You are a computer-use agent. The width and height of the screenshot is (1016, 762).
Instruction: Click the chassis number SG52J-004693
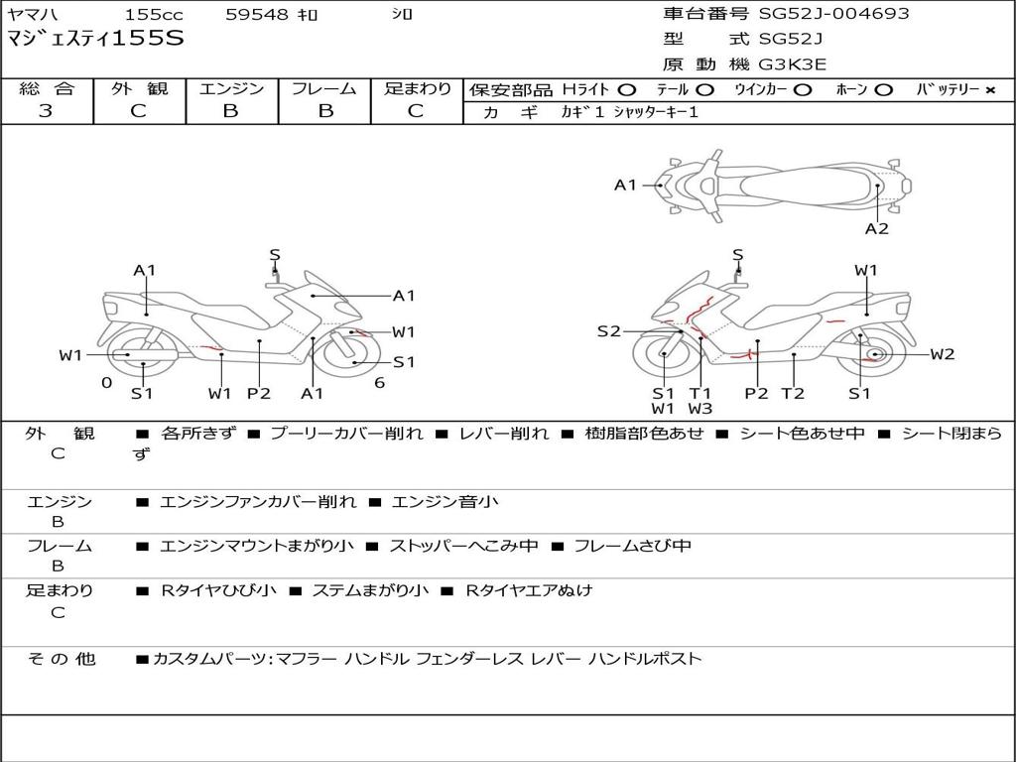(833, 14)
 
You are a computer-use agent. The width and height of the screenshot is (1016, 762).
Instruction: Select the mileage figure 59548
(257, 14)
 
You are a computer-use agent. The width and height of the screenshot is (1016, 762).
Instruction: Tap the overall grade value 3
(46, 111)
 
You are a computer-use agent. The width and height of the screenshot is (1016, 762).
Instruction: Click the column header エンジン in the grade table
(231, 88)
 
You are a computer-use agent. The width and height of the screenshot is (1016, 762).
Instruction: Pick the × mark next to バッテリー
(990, 90)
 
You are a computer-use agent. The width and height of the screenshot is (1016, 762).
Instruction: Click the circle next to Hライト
(627, 90)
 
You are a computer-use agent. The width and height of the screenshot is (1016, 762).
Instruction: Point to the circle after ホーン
(883, 90)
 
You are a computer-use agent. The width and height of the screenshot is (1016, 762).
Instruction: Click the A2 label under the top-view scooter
(877, 229)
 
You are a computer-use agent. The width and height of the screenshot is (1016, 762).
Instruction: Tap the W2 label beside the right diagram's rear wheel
(943, 354)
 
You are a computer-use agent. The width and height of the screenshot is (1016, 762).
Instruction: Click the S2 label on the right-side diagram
(608, 331)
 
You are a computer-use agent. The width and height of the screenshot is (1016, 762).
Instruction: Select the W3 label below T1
(699, 408)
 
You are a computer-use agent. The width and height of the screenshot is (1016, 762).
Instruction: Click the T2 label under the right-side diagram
(793, 393)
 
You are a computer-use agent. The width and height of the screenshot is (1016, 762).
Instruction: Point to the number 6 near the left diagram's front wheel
(380, 383)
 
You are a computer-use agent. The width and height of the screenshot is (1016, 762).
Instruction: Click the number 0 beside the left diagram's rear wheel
(107, 383)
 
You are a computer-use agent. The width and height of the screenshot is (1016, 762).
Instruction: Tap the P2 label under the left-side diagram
(259, 393)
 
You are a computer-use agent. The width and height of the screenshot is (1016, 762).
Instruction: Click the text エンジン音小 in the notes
(444, 501)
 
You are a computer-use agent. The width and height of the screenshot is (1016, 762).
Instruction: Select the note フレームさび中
(632, 546)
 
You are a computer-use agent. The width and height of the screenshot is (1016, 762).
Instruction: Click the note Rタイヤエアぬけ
(529, 590)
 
